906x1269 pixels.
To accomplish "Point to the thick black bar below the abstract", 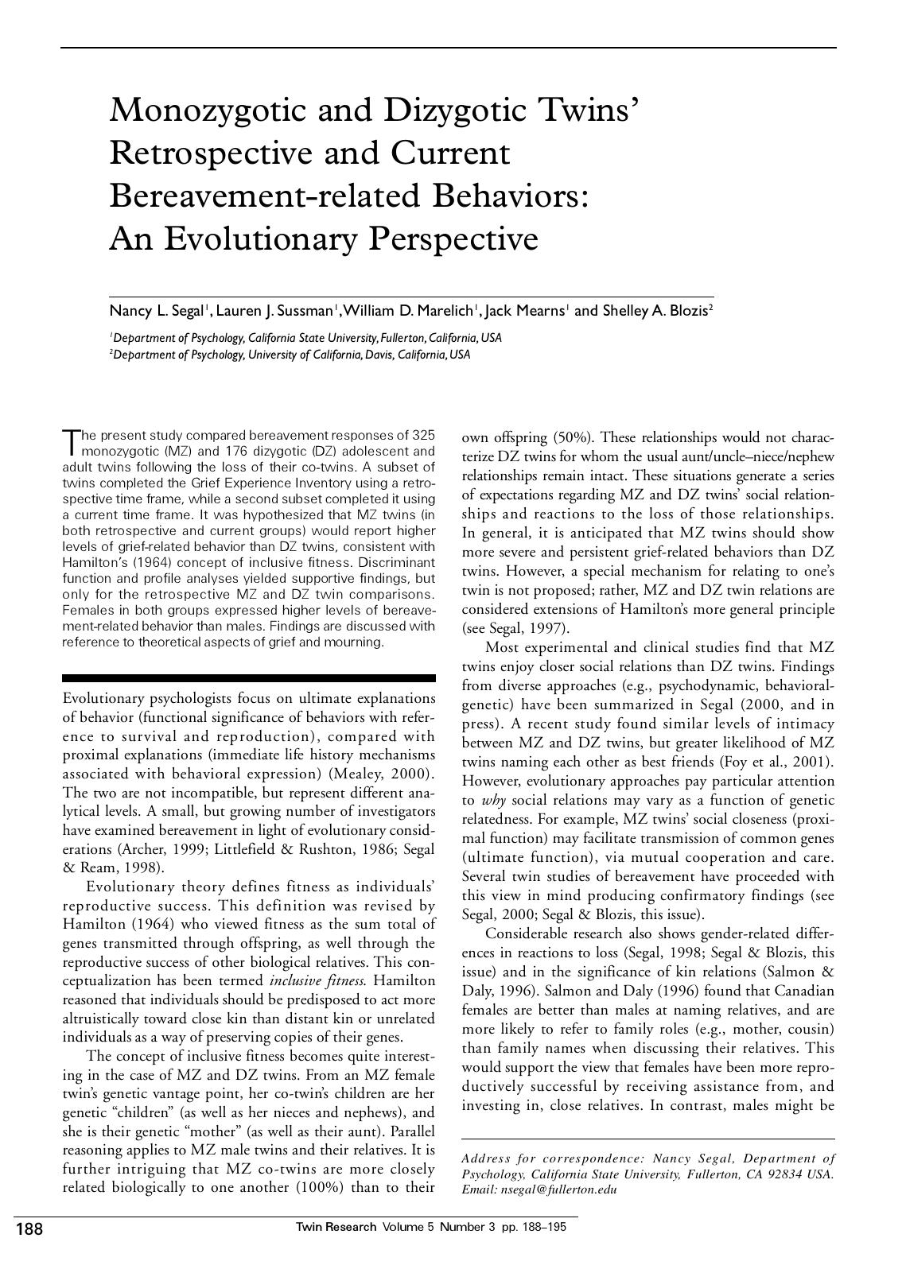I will coord(248,678).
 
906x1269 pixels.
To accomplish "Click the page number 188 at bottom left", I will coord(29,1229).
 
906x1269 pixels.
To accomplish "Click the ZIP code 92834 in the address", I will coord(785,1175).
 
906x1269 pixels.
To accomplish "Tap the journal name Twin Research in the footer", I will coord(336,1227).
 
